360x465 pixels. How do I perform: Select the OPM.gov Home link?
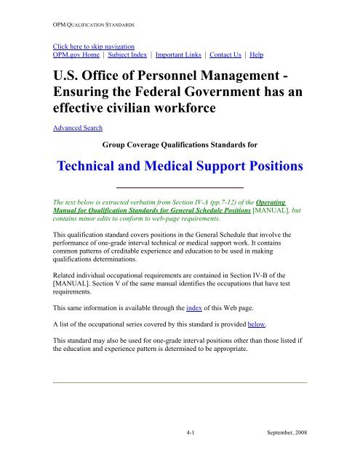click(72, 54)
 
